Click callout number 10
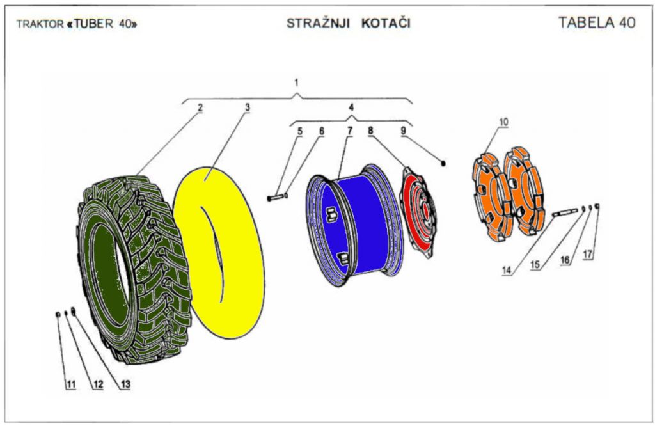pyautogui.click(x=503, y=122)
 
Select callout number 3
pyautogui.click(x=247, y=107)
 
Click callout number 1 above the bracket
pyautogui.click(x=296, y=83)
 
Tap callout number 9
pyautogui.click(x=403, y=131)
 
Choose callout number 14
pyautogui.click(x=507, y=270)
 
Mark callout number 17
pyautogui.click(x=588, y=254)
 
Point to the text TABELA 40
pyautogui.click(x=596, y=22)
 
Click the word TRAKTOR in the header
pyautogui.click(x=40, y=24)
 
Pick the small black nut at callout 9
pyautogui.click(x=443, y=164)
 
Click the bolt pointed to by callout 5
pyautogui.click(x=275, y=198)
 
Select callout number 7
pyautogui.click(x=350, y=131)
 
